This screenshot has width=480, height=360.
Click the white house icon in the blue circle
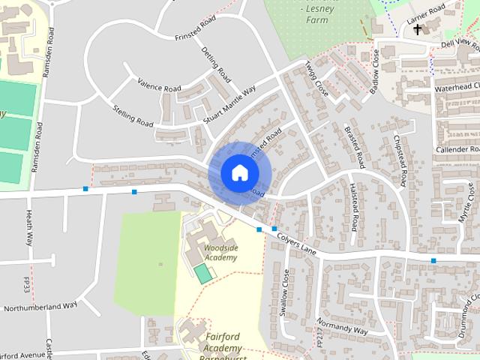click(x=239, y=172)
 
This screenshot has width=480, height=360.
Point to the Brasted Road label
click(x=354, y=145)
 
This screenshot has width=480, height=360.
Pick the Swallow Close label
click(x=284, y=293)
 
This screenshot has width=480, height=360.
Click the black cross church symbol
click(x=418, y=29)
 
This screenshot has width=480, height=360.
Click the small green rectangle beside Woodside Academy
click(x=203, y=273)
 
